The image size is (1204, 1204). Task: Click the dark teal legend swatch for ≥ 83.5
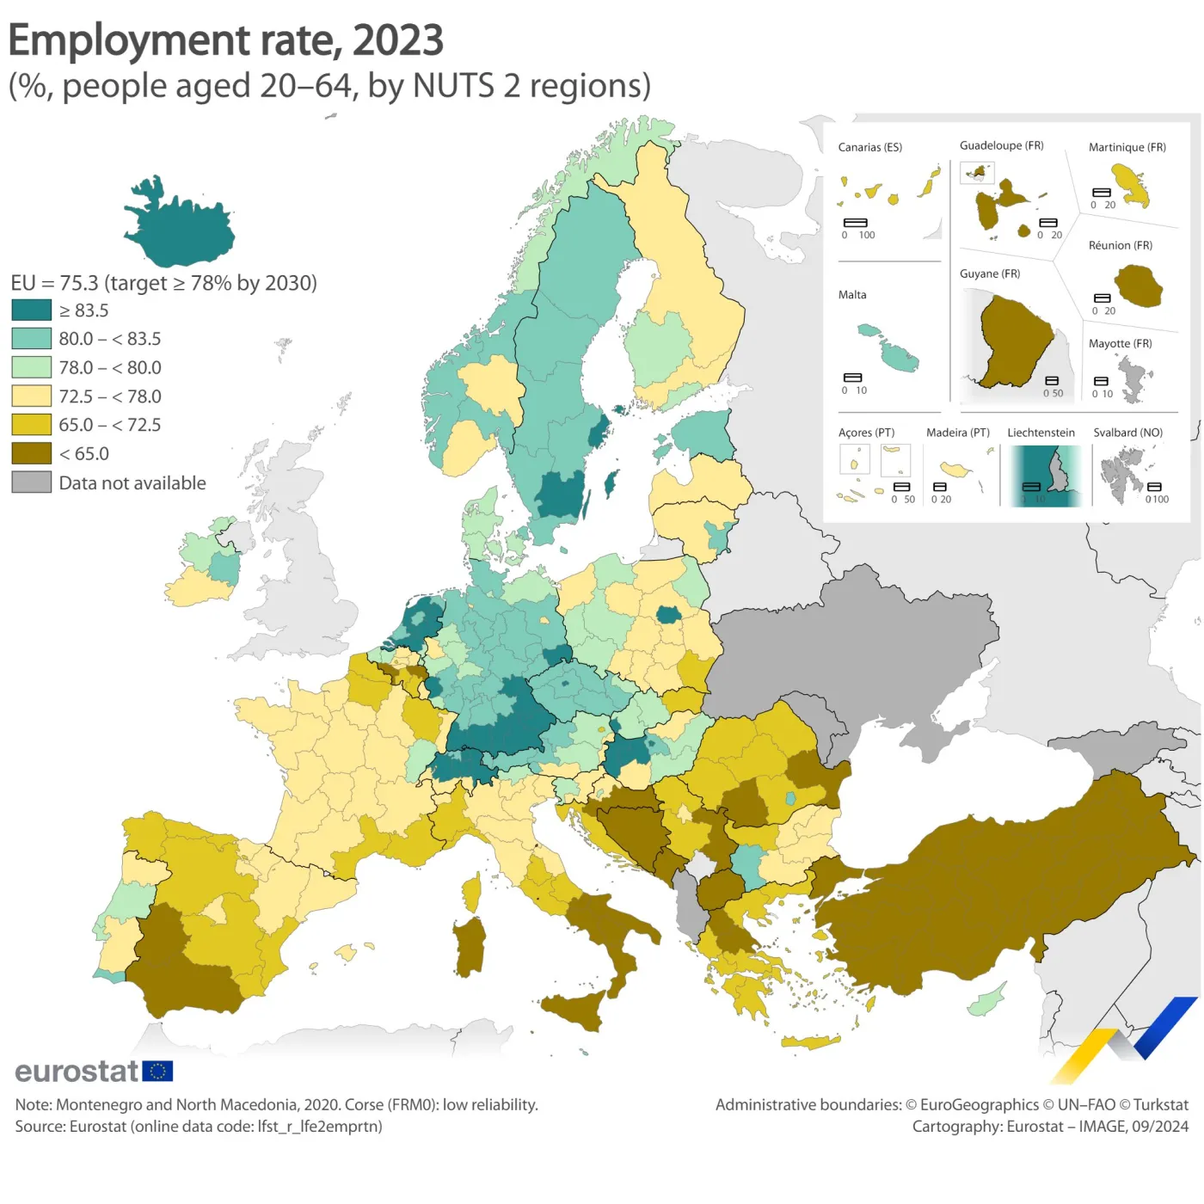32,310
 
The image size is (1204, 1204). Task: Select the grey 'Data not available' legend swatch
32,482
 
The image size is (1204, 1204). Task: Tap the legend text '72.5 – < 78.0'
110,396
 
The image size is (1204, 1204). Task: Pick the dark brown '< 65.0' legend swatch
32,453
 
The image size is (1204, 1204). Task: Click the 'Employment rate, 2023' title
225,40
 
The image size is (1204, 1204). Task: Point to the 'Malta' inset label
852,295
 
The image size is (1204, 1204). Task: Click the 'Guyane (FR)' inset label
990,273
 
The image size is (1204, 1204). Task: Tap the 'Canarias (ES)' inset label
869,147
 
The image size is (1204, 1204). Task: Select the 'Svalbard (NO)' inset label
1127,433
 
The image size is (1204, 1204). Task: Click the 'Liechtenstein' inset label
1041,433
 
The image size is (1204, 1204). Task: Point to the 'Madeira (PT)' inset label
957,433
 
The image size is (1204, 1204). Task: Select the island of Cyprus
986,1000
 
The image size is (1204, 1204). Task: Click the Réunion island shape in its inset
1139,286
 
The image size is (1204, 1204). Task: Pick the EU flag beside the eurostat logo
157,1071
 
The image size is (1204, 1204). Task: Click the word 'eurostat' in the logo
77,1072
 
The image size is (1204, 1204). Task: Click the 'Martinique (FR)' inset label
1127,147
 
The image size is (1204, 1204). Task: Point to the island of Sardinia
470,947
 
